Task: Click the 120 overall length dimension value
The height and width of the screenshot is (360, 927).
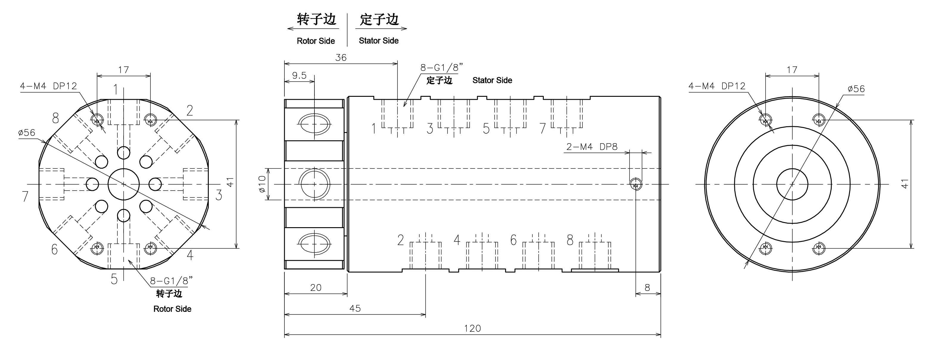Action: (472, 328)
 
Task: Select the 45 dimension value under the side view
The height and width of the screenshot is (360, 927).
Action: (355, 308)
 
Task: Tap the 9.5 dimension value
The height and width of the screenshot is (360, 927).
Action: (299, 75)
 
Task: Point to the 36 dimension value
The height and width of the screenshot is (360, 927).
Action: (340, 57)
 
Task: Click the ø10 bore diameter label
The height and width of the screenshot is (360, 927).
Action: (262, 184)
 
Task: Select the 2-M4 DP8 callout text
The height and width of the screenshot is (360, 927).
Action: (592, 147)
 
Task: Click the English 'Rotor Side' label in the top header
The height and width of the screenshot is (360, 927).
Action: (316, 41)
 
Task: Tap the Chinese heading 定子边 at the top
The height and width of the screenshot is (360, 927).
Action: (379, 19)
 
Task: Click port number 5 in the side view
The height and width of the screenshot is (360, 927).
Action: (486, 129)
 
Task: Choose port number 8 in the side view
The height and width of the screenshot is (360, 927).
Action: (570, 240)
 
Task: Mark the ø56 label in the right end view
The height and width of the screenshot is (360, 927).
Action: (856, 89)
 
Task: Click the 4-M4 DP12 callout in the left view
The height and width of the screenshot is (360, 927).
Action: (48, 86)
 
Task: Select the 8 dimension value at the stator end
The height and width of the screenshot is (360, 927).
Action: (647, 288)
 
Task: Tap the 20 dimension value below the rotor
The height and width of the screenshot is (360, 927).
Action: (316, 288)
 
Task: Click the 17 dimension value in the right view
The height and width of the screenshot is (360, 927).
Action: (792, 69)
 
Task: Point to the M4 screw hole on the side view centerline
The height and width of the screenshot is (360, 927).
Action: (636, 185)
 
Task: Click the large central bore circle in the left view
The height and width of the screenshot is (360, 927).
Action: (124, 184)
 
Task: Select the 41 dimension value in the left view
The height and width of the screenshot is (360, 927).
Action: (230, 182)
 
